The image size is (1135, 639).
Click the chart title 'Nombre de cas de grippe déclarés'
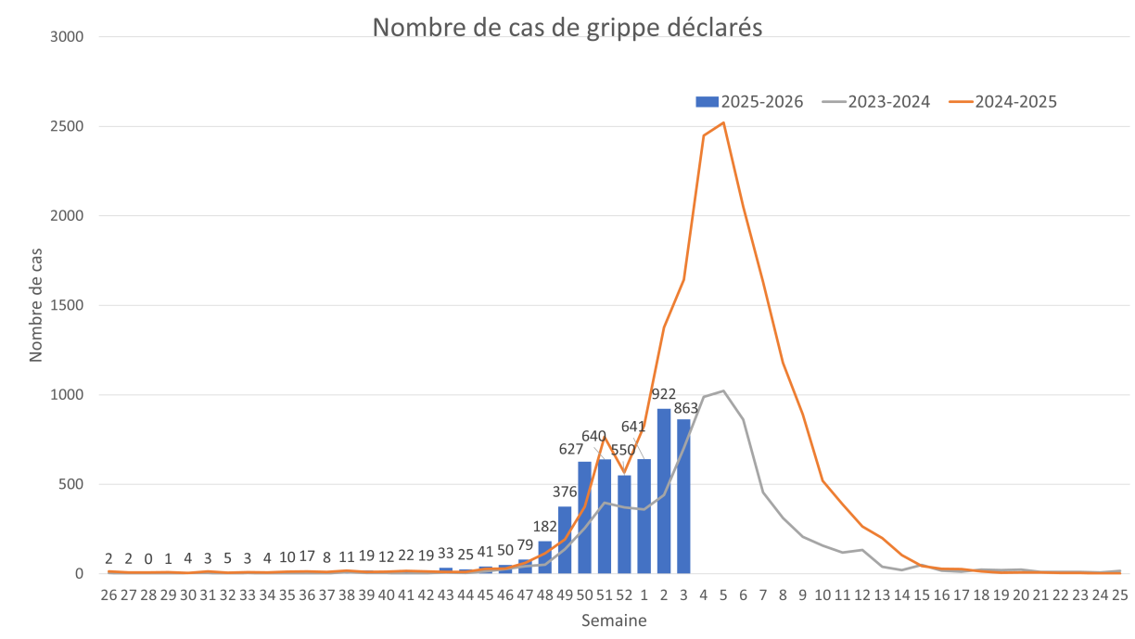tap(567, 27)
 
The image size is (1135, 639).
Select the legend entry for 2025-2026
tap(749, 101)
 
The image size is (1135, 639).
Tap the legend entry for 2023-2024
tap(876, 101)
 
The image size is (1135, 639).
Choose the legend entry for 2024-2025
tap(1003, 101)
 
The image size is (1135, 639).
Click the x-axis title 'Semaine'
tap(613, 621)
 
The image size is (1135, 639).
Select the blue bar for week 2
tap(664, 491)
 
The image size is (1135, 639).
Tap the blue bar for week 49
tap(565, 540)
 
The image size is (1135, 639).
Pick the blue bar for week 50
tap(584, 517)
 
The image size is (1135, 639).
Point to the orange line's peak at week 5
tap(723, 122)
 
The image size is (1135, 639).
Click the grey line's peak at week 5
tap(723, 390)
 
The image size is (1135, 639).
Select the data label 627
tap(570, 450)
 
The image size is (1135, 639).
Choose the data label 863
tap(685, 408)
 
